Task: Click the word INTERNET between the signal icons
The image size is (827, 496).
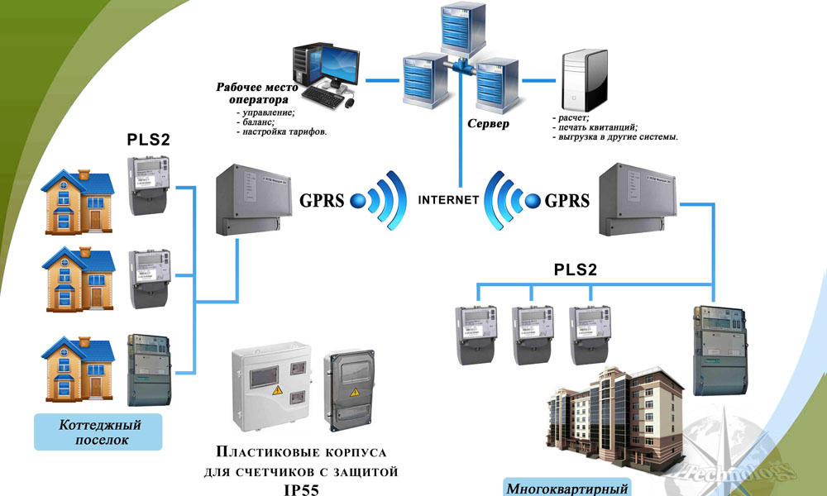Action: (449, 200)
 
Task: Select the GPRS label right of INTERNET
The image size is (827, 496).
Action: (567, 200)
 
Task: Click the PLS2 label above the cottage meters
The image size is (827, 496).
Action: (148, 139)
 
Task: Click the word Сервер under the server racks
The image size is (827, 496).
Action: (488, 124)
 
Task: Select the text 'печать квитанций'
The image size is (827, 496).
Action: (595, 127)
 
